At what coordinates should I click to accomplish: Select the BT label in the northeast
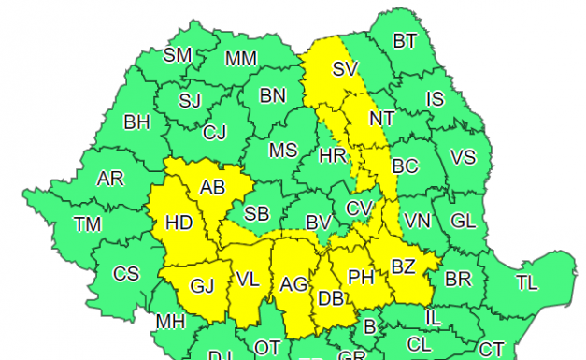click(405, 40)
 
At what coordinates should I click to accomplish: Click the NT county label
click(381, 119)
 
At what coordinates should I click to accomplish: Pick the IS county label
click(435, 98)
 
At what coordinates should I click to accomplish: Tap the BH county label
click(138, 122)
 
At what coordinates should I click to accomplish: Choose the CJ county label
click(215, 133)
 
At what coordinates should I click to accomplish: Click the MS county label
click(283, 151)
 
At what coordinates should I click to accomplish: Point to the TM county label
click(88, 224)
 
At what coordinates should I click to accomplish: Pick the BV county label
click(319, 223)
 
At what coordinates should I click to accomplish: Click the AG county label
click(293, 284)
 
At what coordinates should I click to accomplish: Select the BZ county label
click(403, 266)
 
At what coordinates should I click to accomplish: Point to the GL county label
click(463, 222)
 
